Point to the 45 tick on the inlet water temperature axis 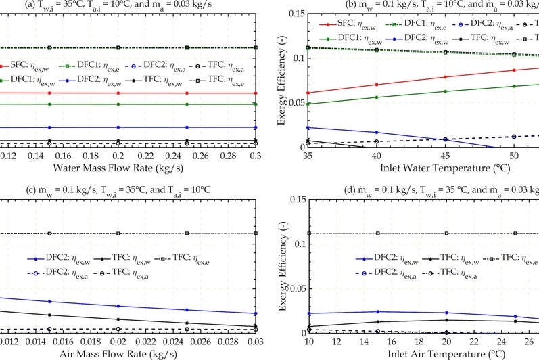coord(445,156)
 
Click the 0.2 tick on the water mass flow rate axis coord(118,156)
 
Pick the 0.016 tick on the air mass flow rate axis coord(49,342)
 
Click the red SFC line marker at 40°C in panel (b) coord(377,85)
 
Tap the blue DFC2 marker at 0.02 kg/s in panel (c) coord(118,306)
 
